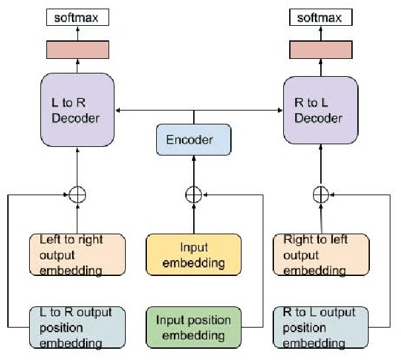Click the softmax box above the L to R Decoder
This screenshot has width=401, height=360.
pos(78,17)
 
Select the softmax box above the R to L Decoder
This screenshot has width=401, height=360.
pos(321,17)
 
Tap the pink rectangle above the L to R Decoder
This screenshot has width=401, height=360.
pos(78,49)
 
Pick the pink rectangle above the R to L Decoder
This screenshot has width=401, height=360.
pos(321,49)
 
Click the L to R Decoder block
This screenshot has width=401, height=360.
pos(78,109)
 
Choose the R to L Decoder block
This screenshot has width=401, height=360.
pos(321,109)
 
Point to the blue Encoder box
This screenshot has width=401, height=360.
pos(193,140)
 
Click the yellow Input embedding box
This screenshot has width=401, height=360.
pos(193,255)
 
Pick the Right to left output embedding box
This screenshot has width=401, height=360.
pos(321,254)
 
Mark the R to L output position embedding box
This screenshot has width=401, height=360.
pos(321,326)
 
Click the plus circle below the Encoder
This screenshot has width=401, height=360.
pos(193,195)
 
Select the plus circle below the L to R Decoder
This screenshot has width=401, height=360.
pos(78,195)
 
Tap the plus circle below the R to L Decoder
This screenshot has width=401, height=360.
pos(321,195)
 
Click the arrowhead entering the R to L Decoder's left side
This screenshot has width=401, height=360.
pos(281,109)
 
